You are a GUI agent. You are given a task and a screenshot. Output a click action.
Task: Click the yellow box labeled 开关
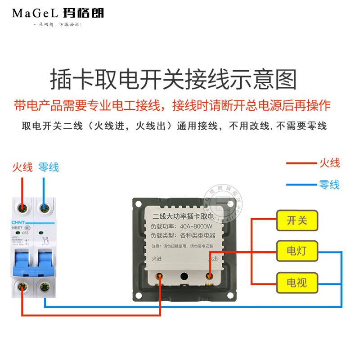(x=297, y=220)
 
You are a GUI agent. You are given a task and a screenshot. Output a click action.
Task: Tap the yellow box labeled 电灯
(x=297, y=250)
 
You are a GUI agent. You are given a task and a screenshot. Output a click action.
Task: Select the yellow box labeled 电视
(x=297, y=282)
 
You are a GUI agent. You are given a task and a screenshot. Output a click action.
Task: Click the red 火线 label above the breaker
(x=22, y=167)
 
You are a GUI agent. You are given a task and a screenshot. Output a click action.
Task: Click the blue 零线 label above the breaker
(x=49, y=167)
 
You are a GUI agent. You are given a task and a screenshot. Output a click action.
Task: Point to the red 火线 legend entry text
(x=329, y=163)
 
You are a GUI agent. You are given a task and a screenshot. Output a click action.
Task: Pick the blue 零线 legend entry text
(x=329, y=184)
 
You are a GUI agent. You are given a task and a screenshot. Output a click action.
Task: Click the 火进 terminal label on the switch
(x=157, y=258)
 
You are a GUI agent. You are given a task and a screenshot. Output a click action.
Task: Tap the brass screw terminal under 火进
(x=159, y=277)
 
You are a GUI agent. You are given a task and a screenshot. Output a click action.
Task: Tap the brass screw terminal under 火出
(x=209, y=277)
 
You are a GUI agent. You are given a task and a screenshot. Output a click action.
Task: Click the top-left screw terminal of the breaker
(x=21, y=207)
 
